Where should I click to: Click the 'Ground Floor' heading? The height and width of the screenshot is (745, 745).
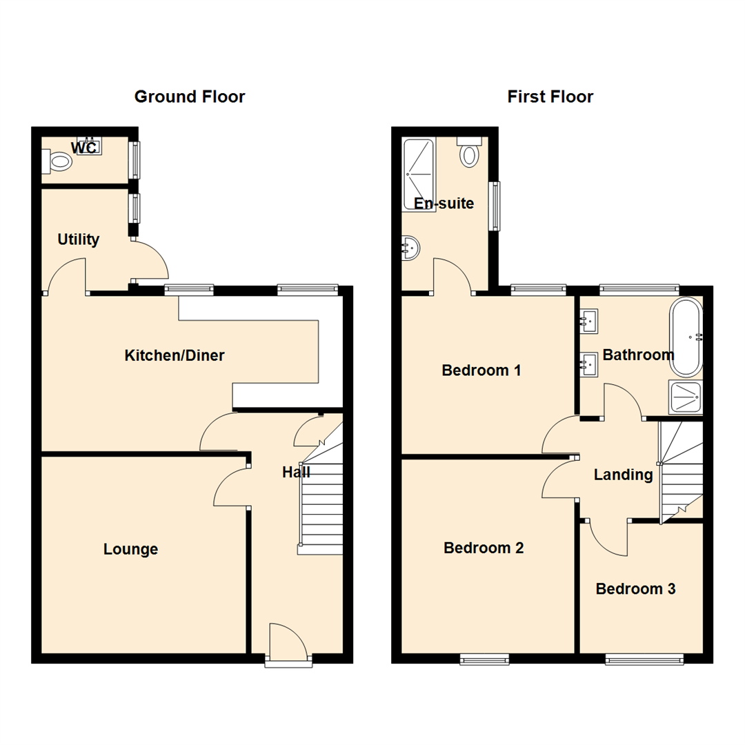pyautogui.click(x=189, y=97)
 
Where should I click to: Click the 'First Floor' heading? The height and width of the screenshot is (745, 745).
pyautogui.click(x=550, y=97)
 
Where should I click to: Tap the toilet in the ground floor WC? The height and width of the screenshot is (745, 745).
pyautogui.click(x=59, y=162)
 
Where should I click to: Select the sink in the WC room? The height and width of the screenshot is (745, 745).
pyautogui.click(x=89, y=146)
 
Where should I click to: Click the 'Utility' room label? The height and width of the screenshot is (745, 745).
pyautogui.click(x=78, y=240)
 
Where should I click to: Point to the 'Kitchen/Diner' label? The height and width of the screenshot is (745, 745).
pyautogui.click(x=175, y=356)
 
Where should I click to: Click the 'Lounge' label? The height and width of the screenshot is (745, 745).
pyautogui.click(x=130, y=549)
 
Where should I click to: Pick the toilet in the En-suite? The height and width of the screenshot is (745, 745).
pyautogui.click(x=470, y=152)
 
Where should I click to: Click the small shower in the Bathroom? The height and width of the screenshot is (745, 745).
pyautogui.click(x=685, y=396)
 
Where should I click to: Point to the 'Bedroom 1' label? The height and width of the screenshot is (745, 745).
pyautogui.click(x=481, y=370)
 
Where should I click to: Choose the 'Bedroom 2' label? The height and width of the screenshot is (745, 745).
pyautogui.click(x=484, y=548)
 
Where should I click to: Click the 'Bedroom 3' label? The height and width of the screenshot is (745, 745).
pyautogui.click(x=635, y=589)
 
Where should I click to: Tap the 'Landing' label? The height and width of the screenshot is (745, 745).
pyautogui.click(x=623, y=475)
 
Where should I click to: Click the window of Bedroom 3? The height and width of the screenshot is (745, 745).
pyautogui.click(x=644, y=660)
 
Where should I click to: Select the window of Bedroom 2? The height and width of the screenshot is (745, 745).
pyautogui.click(x=484, y=660)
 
